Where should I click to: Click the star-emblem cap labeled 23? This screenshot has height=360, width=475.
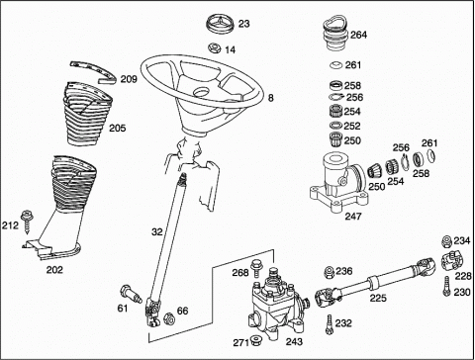220,23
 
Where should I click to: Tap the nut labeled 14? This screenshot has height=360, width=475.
215,48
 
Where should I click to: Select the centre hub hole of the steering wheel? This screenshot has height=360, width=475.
202,93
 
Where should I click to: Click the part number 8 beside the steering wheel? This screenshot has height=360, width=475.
270,98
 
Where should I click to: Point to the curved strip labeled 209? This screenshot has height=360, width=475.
94,71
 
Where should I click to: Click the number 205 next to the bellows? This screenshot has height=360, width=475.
118,128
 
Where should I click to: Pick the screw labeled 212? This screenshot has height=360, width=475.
26,223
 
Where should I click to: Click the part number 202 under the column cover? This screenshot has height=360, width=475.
54,270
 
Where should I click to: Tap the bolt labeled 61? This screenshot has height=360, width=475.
131,295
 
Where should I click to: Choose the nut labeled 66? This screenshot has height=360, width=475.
168,318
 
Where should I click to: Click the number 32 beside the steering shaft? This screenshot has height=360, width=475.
157,232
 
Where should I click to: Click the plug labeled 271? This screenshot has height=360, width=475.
255,340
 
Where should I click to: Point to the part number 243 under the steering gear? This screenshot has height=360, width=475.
294,342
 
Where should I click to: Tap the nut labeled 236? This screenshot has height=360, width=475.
330,272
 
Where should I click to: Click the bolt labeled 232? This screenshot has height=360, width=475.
329,324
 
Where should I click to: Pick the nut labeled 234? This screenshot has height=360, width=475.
447,241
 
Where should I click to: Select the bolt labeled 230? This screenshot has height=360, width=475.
447,286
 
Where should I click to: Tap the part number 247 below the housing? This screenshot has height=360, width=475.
353,217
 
